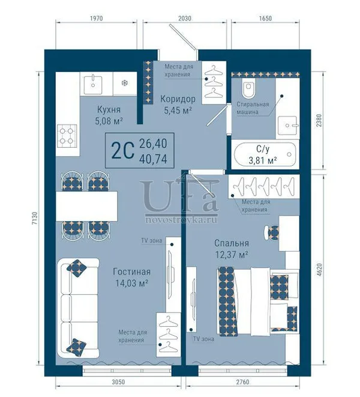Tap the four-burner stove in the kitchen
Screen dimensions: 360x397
(x=66, y=136)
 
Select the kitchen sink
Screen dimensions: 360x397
(x=93, y=83)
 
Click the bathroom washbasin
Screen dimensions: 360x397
(x=288, y=126)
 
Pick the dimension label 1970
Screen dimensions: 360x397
(x=97, y=19)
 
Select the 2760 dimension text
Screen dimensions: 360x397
(x=242, y=381)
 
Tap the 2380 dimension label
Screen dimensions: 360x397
(x=320, y=121)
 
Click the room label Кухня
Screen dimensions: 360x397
(x=109, y=110)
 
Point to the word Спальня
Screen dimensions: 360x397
(x=232, y=243)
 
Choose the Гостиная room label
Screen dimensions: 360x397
(x=131, y=272)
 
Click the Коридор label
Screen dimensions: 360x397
(x=178, y=99)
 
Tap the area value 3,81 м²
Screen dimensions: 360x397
(x=263, y=160)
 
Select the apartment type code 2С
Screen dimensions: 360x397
(x=122, y=151)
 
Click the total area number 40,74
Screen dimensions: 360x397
(x=153, y=159)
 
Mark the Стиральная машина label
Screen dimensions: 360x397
(x=253, y=108)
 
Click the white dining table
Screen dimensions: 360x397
(x=86, y=206)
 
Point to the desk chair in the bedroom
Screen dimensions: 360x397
(x=271, y=232)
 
